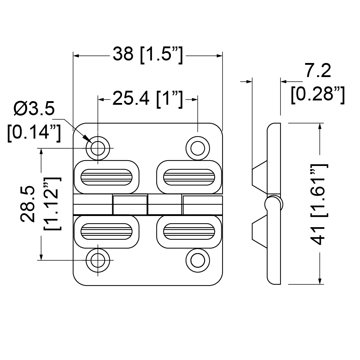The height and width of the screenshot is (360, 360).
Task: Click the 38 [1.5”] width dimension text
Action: click(x=148, y=55)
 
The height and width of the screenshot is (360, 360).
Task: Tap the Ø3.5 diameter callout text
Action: click(x=34, y=109)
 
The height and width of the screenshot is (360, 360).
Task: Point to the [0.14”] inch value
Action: click(x=34, y=132)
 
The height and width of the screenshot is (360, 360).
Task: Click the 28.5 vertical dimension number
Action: click(x=28, y=204)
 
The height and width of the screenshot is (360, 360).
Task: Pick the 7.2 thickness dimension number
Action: click(x=318, y=71)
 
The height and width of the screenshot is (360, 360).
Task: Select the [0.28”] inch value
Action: click(x=318, y=94)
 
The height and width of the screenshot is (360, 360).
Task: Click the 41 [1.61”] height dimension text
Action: click(x=319, y=204)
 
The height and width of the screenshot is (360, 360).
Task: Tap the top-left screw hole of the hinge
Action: click(x=98, y=148)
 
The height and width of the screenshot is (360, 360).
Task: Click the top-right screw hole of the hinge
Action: click(x=198, y=148)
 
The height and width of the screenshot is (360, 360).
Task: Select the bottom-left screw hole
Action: click(x=98, y=260)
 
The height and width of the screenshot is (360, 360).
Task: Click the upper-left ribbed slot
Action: click(x=107, y=177)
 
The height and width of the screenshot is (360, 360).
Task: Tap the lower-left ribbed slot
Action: click(x=107, y=231)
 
